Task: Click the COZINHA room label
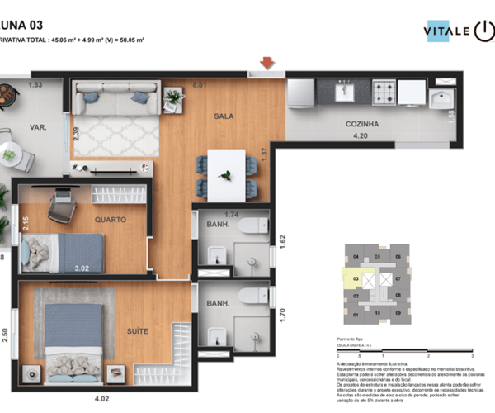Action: [x=361, y=124]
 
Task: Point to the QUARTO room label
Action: [x=110, y=221]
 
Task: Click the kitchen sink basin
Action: [x=344, y=90]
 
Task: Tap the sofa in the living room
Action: [x=115, y=99]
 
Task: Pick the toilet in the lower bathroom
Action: [x=251, y=296]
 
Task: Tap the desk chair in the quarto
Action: [x=61, y=210]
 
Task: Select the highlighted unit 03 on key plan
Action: [x=356, y=279]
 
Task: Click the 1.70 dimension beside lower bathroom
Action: [x=284, y=314]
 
